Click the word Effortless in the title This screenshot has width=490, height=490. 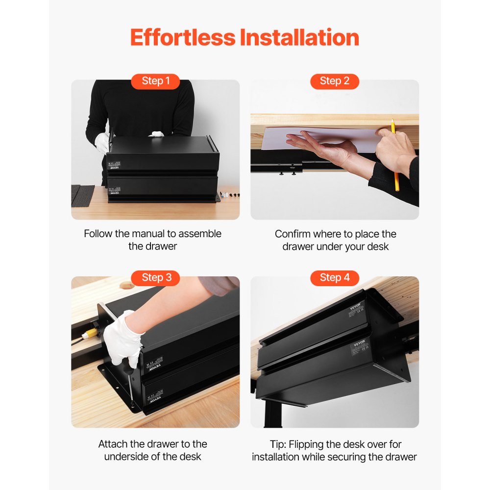[x=182, y=38]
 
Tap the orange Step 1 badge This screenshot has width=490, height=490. [x=155, y=81]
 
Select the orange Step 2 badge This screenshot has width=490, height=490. [x=335, y=81]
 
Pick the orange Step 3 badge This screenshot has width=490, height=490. [x=155, y=278]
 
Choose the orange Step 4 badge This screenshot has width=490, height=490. [x=335, y=278]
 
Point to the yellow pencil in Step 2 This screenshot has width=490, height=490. [x=394, y=157]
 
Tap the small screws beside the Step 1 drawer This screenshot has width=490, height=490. [x=231, y=195]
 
